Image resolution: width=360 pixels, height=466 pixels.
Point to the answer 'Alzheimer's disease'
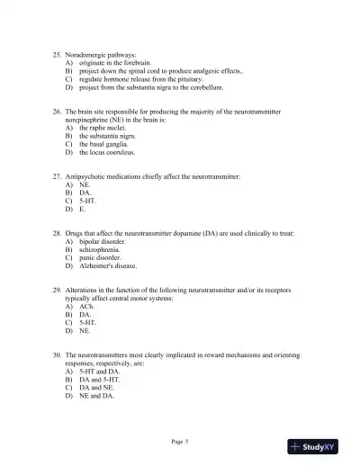113,266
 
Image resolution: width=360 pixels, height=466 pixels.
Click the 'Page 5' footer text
180,441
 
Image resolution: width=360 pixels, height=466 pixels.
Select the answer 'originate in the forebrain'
119,65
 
